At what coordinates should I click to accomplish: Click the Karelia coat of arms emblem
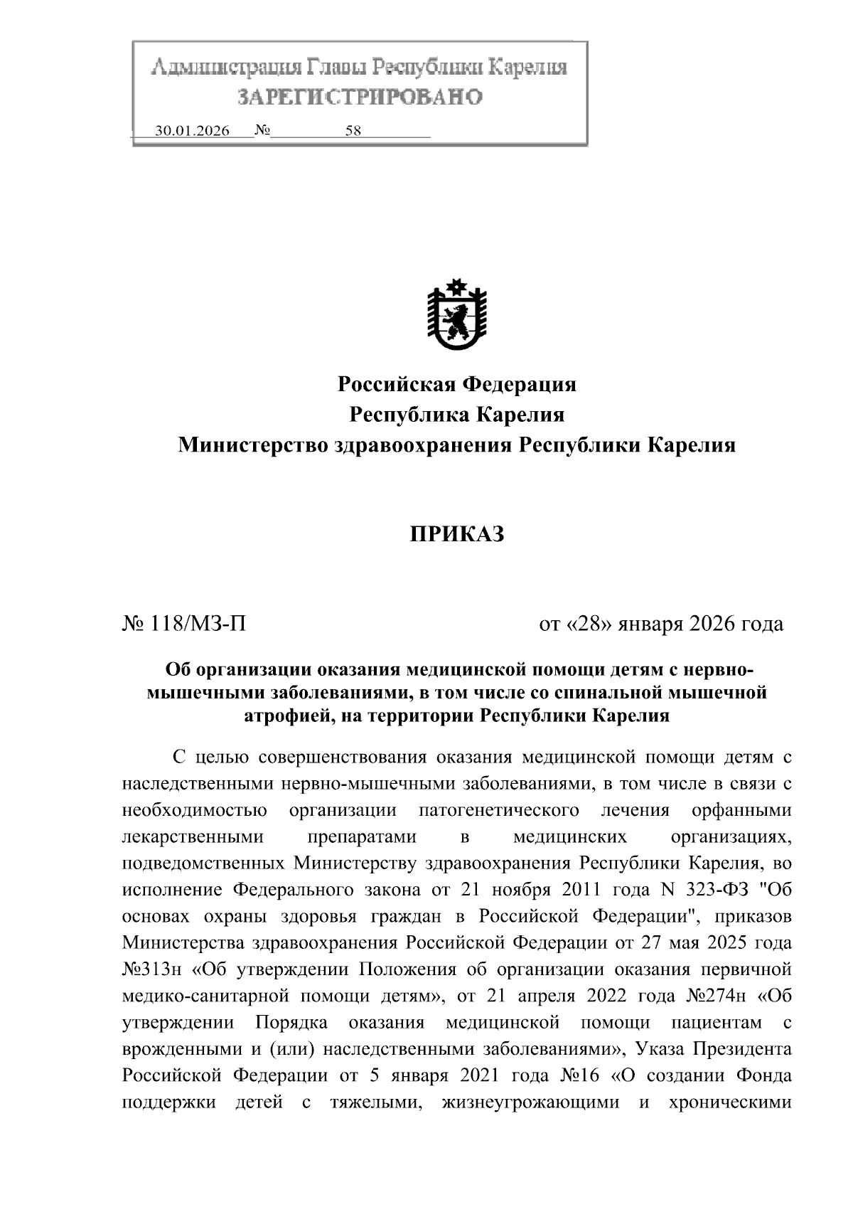point(456,316)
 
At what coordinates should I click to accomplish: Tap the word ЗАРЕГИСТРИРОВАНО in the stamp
point(359,97)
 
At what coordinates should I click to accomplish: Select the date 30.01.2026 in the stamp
point(192,132)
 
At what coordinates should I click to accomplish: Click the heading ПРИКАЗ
point(456,533)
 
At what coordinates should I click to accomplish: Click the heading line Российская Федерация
point(456,385)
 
